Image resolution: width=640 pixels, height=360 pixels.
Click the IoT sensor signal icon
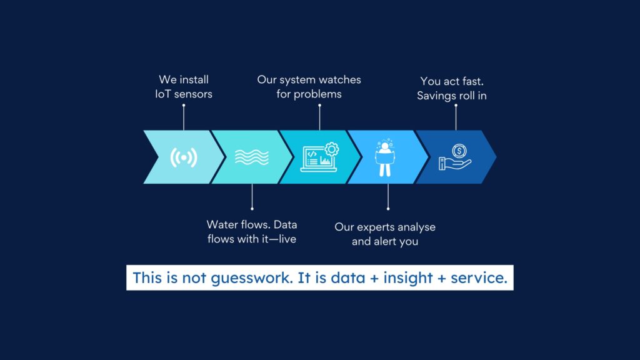coord(184,157)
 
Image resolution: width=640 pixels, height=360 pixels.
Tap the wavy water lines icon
coord(252,157)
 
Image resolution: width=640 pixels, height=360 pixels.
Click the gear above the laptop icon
coord(332,149)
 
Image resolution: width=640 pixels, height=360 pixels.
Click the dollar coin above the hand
coord(459,151)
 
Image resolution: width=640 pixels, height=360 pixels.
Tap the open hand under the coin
coord(455,163)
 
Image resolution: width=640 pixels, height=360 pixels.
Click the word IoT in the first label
coord(162,94)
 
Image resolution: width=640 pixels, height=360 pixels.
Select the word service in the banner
coord(479,278)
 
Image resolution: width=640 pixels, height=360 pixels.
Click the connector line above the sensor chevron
coord(184,117)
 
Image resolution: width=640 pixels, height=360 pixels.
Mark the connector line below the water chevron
coord(252,197)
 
